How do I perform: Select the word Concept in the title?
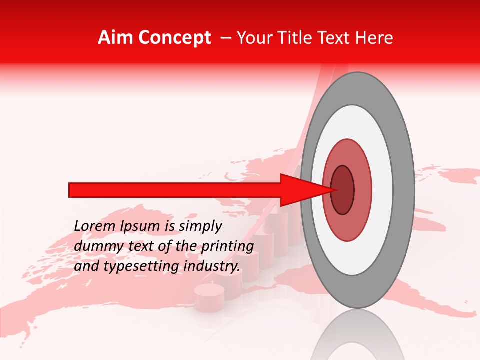pyautogui.click(x=174, y=38)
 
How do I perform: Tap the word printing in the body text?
pyautogui.click(x=227, y=247)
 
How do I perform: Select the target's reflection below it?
pyautogui.click(x=357, y=335)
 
